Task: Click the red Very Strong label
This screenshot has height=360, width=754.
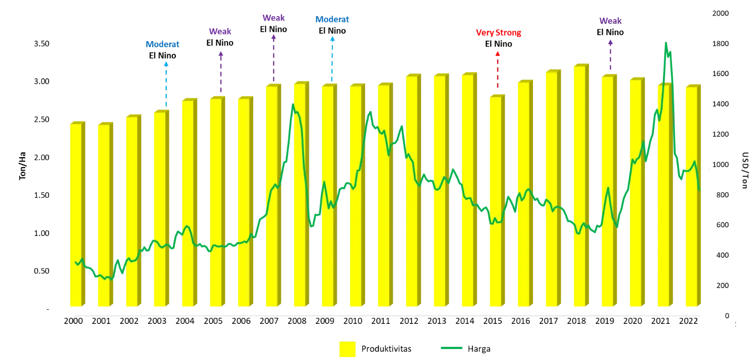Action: pyautogui.click(x=498, y=33)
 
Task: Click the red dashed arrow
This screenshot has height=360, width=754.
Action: pyautogui.click(x=498, y=70)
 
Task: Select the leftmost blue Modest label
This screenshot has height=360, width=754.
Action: pyautogui.click(x=162, y=44)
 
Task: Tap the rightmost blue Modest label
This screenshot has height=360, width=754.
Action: pyautogui.click(x=332, y=20)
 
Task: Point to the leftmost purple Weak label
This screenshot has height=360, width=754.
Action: pyautogui.click(x=221, y=32)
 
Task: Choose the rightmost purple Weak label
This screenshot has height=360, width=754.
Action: pyautogui.click(x=610, y=21)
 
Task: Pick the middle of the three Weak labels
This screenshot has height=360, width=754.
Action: pyautogui.click(x=273, y=18)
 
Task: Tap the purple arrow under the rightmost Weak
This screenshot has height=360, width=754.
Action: pyautogui.click(x=610, y=55)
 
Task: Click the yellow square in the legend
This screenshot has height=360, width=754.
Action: pyautogui.click(x=347, y=349)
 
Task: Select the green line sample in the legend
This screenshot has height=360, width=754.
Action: pyautogui.click(x=452, y=347)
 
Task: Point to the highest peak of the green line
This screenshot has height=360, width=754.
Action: pyautogui.click(x=666, y=43)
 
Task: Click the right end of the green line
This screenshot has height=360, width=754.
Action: pyautogui.click(x=699, y=189)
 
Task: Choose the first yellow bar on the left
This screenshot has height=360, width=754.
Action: pyautogui.click(x=75, y=216)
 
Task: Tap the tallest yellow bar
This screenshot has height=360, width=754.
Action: pyautogui.click(x=579, y=186)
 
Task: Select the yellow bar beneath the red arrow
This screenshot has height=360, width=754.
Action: pyautogui.click(x=494, y=201)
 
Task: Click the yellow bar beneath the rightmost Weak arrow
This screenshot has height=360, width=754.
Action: pyautogui.click(x=607, y=191)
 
